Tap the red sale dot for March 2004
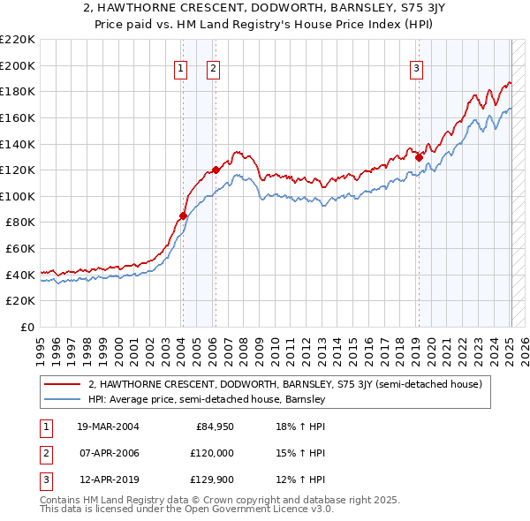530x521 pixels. [183, 215]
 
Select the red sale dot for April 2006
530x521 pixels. [216, 170]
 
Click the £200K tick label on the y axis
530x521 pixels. [18, 65]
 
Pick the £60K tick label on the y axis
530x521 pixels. [20, 249]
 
